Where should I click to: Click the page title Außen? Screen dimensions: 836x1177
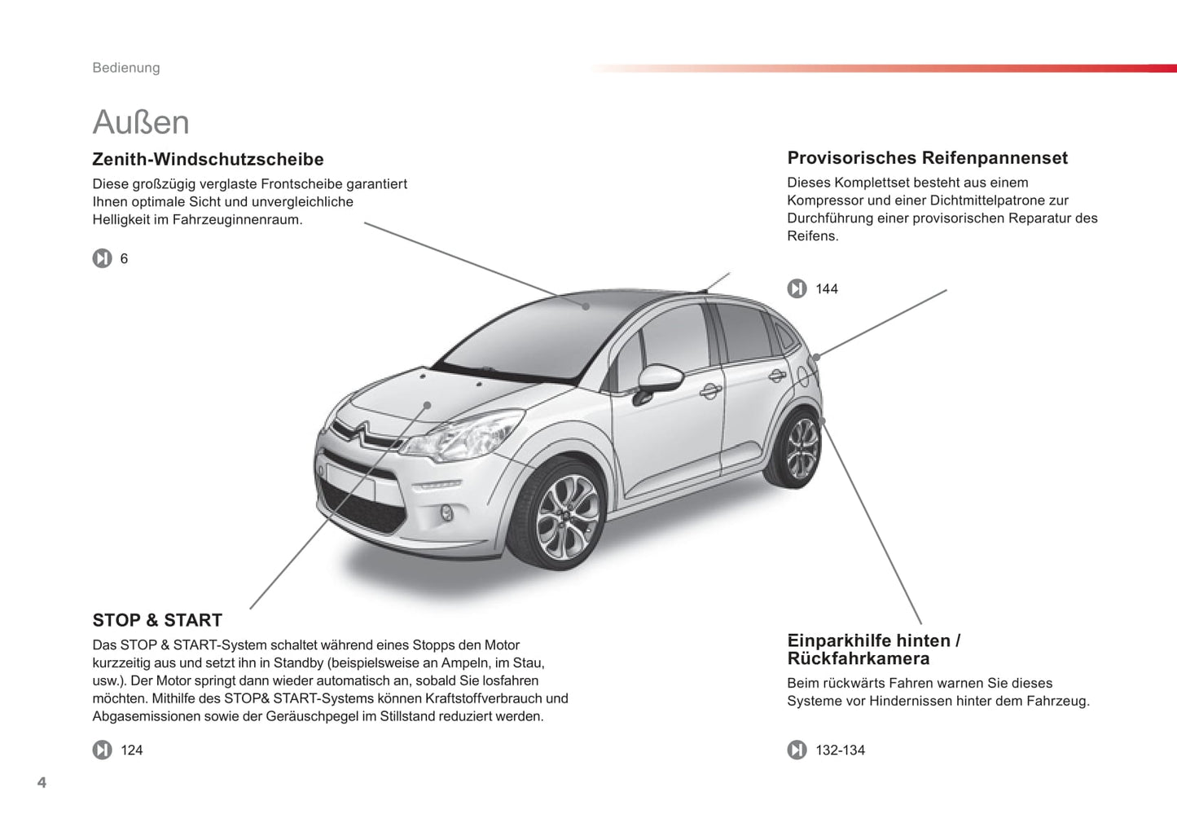pyautogui.click(x=141, y=122)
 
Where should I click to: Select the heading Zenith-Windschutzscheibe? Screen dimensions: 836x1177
pyautogui.click(x=208, y=160)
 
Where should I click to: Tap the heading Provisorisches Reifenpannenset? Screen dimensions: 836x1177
pyautogui.click(x=927, y=158)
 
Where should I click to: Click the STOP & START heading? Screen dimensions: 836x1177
pyautogui.click(x=157, y=620)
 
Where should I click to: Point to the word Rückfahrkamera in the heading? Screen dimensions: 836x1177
pyautogui.click(x=858, y=658)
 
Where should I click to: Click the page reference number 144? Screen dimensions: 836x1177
pyautogui.click(x=827, y=289)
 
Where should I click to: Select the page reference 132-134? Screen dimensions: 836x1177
pyautogui.click(x=840, y=750)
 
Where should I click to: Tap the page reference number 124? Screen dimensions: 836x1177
pyautogui.click(x=132, y=750)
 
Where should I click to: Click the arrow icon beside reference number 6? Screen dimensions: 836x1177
pyautogui.click(x=102, y=258)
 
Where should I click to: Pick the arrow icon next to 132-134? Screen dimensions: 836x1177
pyautogui.click(x=797, y=750)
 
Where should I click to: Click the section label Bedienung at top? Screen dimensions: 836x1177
pyautogui.click(x=126, y=68)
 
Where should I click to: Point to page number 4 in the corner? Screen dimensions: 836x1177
pyautogui.click(x=42, y=783)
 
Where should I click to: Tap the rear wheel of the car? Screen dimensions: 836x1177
pyautogui.click(x=800, y=448)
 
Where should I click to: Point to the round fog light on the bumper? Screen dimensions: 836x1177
pyautogui.click(x=446, y=513)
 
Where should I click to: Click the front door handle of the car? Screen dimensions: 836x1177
pyautogui.click(x=710, y=391)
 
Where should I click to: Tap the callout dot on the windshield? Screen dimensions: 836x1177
pyautogui.click(x=586, y=306)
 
